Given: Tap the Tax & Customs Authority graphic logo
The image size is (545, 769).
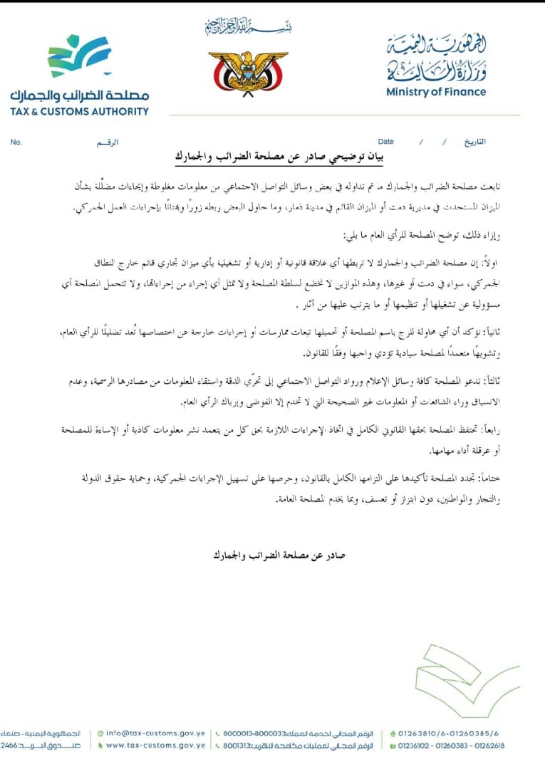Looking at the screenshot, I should [80, 57].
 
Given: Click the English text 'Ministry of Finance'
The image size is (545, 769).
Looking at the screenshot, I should [436, 92].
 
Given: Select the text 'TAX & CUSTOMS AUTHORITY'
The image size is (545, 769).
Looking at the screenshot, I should [80, 111].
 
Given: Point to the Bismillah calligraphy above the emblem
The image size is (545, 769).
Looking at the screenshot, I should [248, 27].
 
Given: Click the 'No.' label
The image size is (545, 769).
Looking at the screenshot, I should [16, 142].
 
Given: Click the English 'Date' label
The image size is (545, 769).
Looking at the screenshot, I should [385, 142].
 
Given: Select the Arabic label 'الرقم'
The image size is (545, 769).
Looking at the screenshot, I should [107, 142].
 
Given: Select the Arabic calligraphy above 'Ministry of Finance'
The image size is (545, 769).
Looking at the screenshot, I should [436, 59].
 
